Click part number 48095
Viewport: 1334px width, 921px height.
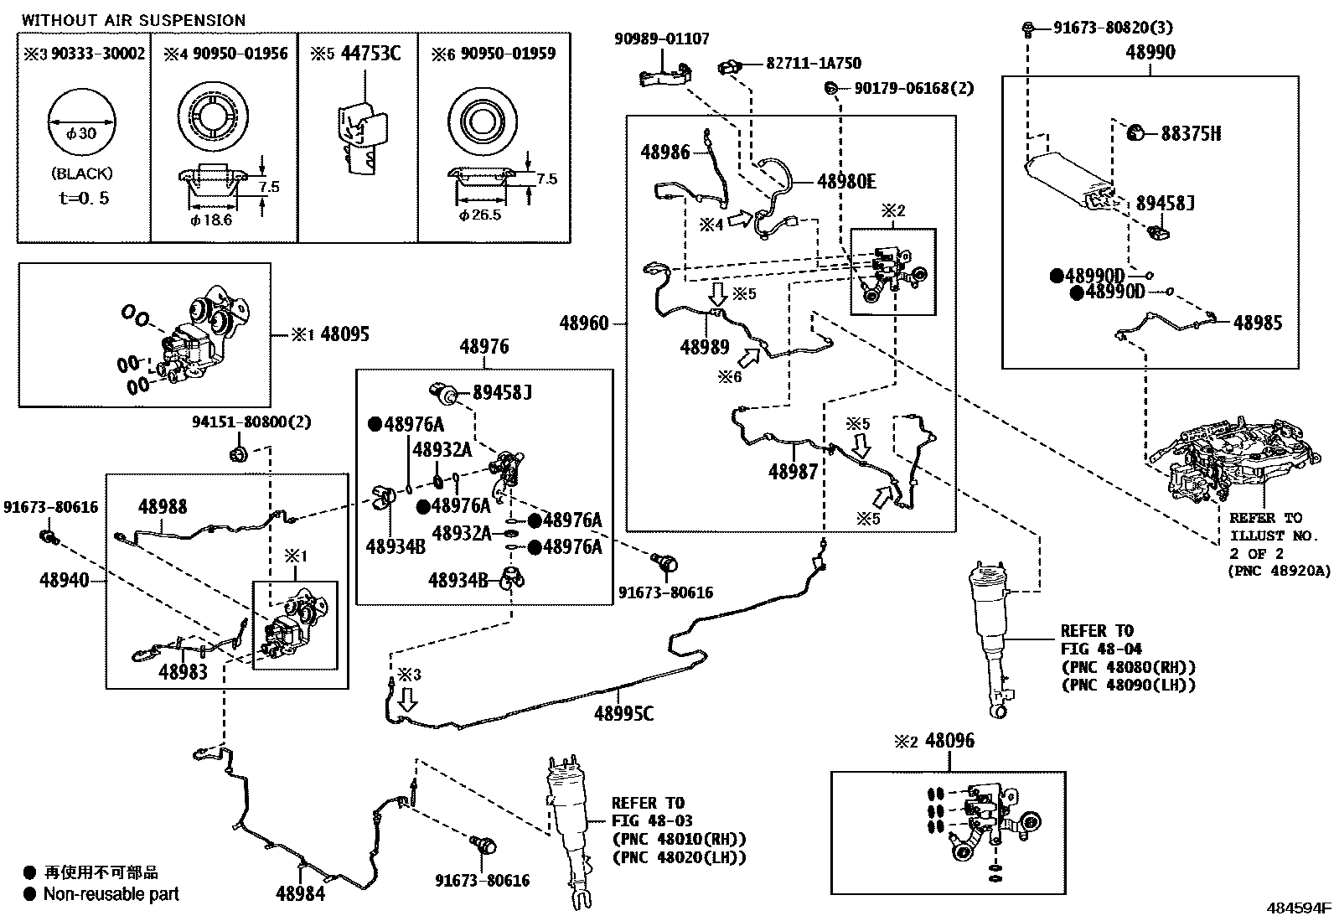344,335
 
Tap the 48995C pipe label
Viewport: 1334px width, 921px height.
623,713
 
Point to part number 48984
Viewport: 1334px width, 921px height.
300,894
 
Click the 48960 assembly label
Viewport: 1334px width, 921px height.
584,323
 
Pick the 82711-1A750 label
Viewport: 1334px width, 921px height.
813,64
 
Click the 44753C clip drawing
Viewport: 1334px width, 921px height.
362,134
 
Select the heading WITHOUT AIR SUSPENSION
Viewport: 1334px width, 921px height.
134,20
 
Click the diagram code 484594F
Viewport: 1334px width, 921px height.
1298,908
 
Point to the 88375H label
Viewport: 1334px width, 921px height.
1190,133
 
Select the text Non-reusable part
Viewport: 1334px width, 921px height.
111,894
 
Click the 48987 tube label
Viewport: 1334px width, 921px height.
793,473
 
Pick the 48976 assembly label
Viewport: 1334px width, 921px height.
483,347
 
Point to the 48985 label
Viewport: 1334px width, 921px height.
1258,323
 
